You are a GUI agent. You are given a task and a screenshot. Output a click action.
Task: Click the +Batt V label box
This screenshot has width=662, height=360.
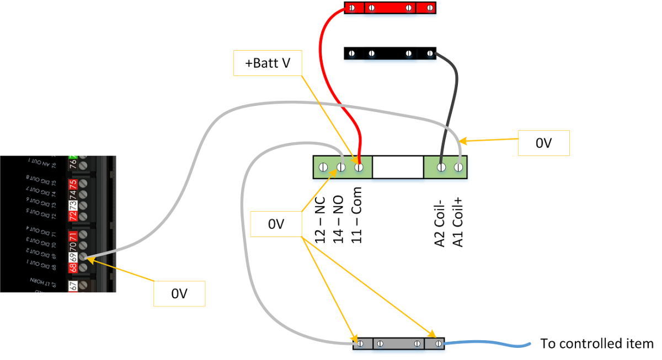(x=268, y=63)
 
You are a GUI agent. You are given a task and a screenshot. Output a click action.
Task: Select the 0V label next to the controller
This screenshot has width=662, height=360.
(x=179, y=294)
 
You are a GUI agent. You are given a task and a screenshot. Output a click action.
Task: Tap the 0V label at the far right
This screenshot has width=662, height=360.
(x=543, y=143)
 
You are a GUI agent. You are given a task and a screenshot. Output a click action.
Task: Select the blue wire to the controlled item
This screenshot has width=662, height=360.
(x=485, y=344)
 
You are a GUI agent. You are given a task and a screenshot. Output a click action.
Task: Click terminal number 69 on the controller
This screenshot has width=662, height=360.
(x=72, y=257)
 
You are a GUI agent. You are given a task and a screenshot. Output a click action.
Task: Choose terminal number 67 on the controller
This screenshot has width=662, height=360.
(x=72, y=286)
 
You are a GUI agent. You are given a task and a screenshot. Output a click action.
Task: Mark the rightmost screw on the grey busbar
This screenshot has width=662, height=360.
(x=437, y=344)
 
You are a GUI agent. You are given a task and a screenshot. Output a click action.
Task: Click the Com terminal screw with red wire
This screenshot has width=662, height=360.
(x=359, y=166)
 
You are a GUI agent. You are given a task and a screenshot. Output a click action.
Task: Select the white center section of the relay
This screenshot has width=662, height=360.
(x=398, y=166)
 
